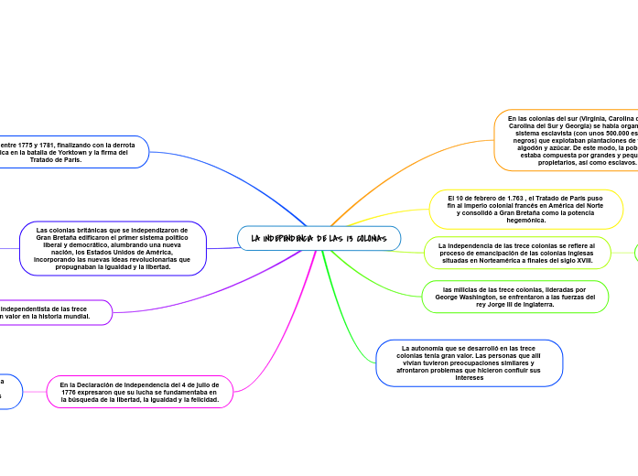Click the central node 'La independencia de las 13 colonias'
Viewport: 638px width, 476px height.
pos(319,238)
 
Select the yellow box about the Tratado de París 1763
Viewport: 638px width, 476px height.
pos(525,209)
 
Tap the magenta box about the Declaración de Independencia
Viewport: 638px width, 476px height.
pos(140,392)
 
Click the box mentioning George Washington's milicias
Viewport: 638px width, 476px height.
pos(515,297)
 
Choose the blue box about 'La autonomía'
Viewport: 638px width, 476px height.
pos(469,362)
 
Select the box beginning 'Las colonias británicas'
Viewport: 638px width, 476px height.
pos(113,248)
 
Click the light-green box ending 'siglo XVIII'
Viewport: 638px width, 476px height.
pos(516,253)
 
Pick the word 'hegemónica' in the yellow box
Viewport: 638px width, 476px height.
pos(526,220)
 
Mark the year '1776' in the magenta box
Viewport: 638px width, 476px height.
pos(81,392)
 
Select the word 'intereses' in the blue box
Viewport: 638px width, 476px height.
pos(469,377)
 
